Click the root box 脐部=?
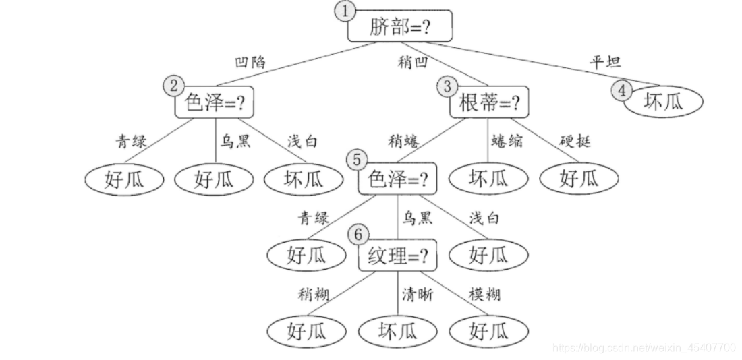pyautogui.click(x=399, y=27)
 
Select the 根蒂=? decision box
pyautogui.click(x=489, y=102)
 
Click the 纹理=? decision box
pyautogui.click(x=398, y=256)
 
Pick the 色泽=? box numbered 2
pyautogui.click(x=215, y=102)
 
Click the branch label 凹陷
pyautogui.click(x=250, y=63)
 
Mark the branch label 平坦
pyautogui.click(x=604, y=62)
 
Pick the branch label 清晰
pyautogui.click(x=418, y=295)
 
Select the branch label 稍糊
pyautogui.click(x=314, y=295)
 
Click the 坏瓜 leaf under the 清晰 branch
pyautogui.click(x=397, y=331)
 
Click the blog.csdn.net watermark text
pyautogui.click(x=644, y=348)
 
